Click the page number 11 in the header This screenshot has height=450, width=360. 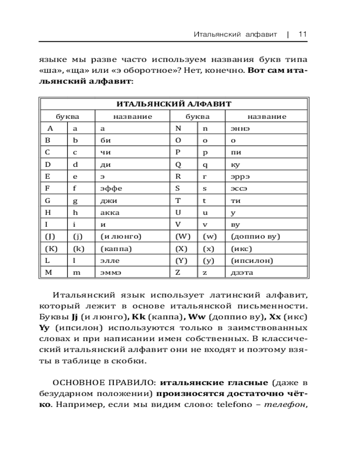pyautogui.click(x=302, y=34)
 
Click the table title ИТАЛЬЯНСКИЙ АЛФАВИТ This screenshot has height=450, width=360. pyautogui.click(x=174, y=104)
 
